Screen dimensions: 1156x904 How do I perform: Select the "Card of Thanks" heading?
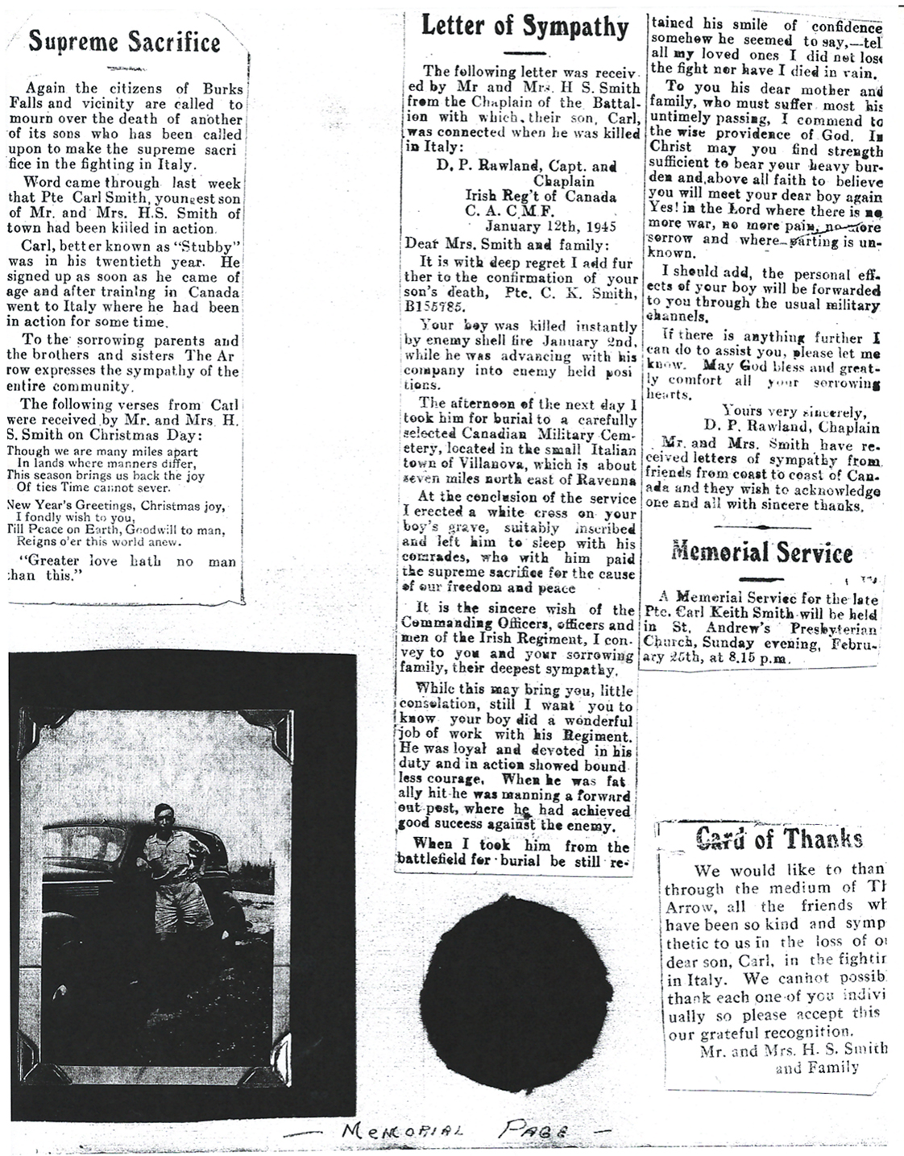[779, 839]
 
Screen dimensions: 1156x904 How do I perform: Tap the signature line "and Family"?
[816, 1068]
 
